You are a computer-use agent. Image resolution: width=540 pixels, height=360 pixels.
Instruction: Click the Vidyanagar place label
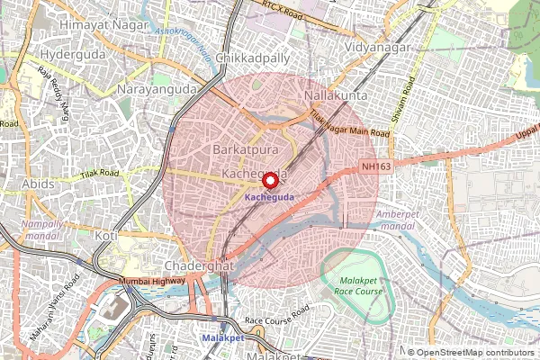pyautogui.click(x=378, y=45)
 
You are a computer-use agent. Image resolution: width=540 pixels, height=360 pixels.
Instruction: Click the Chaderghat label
pyautogui.click(x=200, y=267)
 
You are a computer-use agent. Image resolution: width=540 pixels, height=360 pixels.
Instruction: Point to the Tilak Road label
pyautogui.click(x=99, y=173)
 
